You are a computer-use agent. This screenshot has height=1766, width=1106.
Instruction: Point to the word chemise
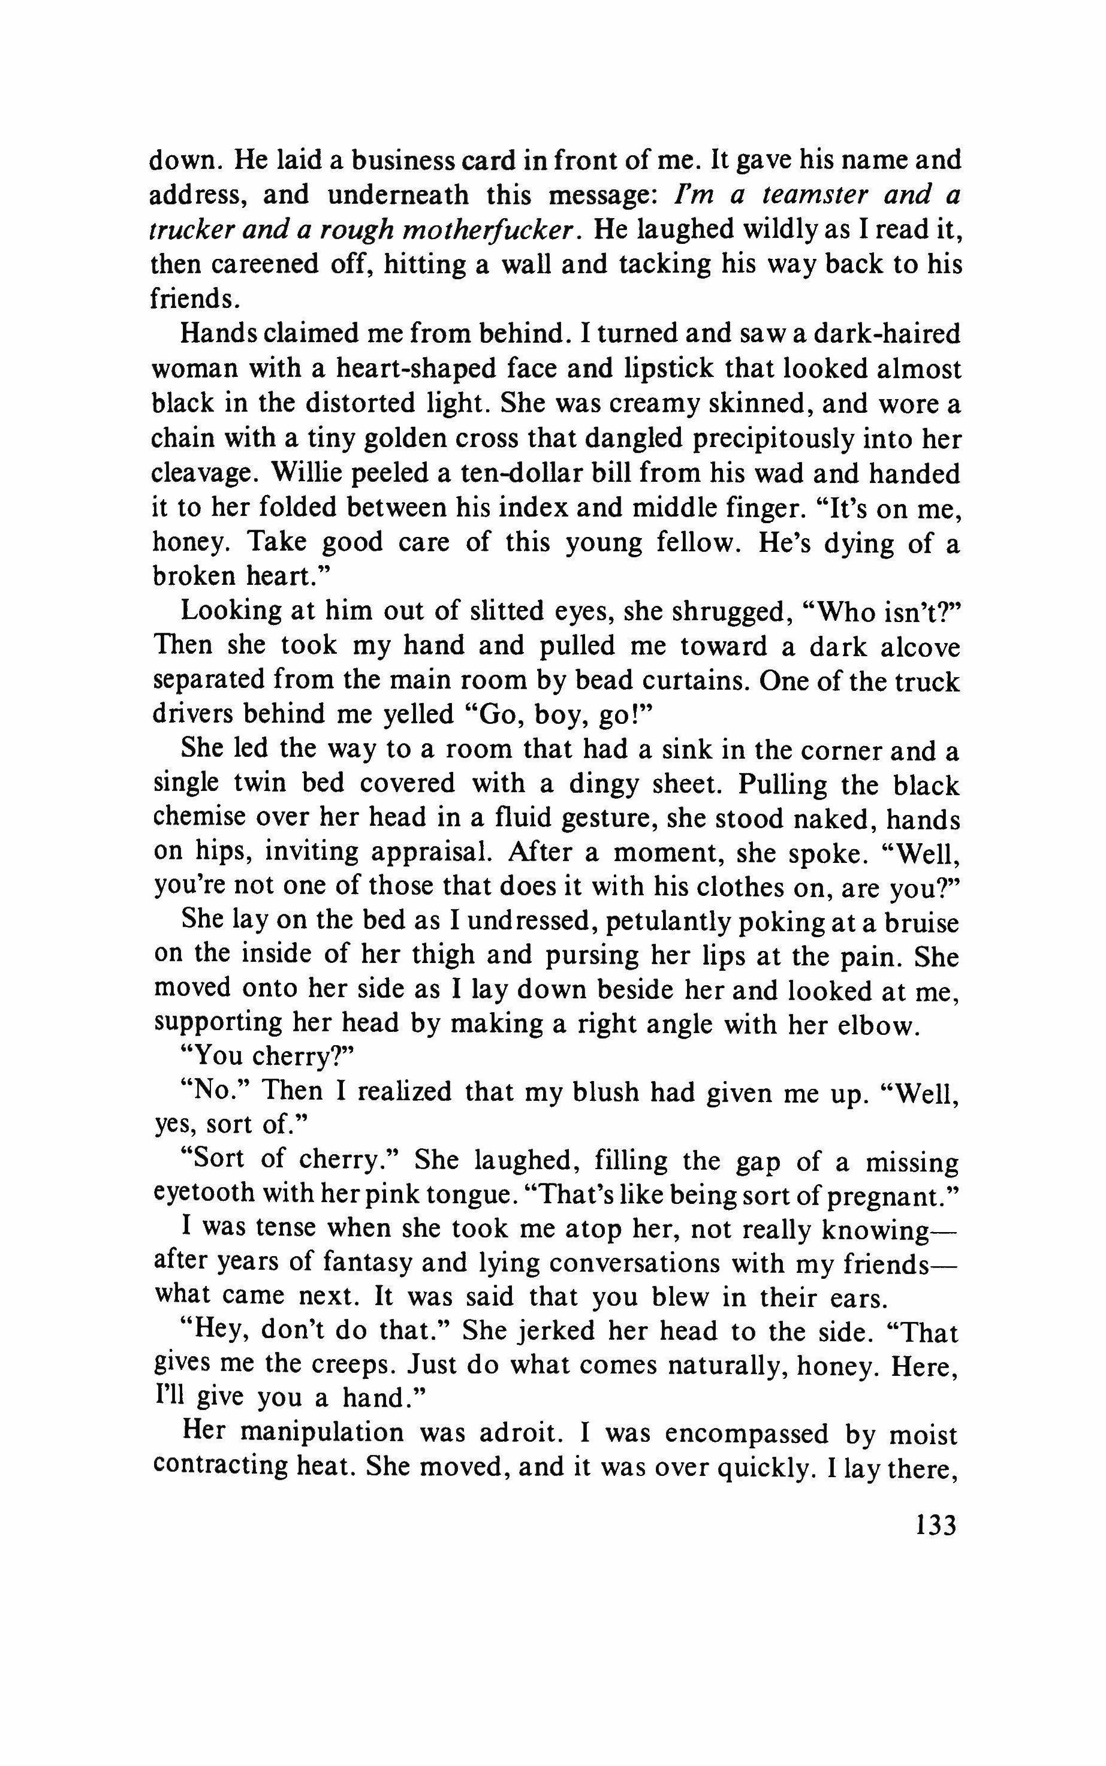[200, 817]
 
